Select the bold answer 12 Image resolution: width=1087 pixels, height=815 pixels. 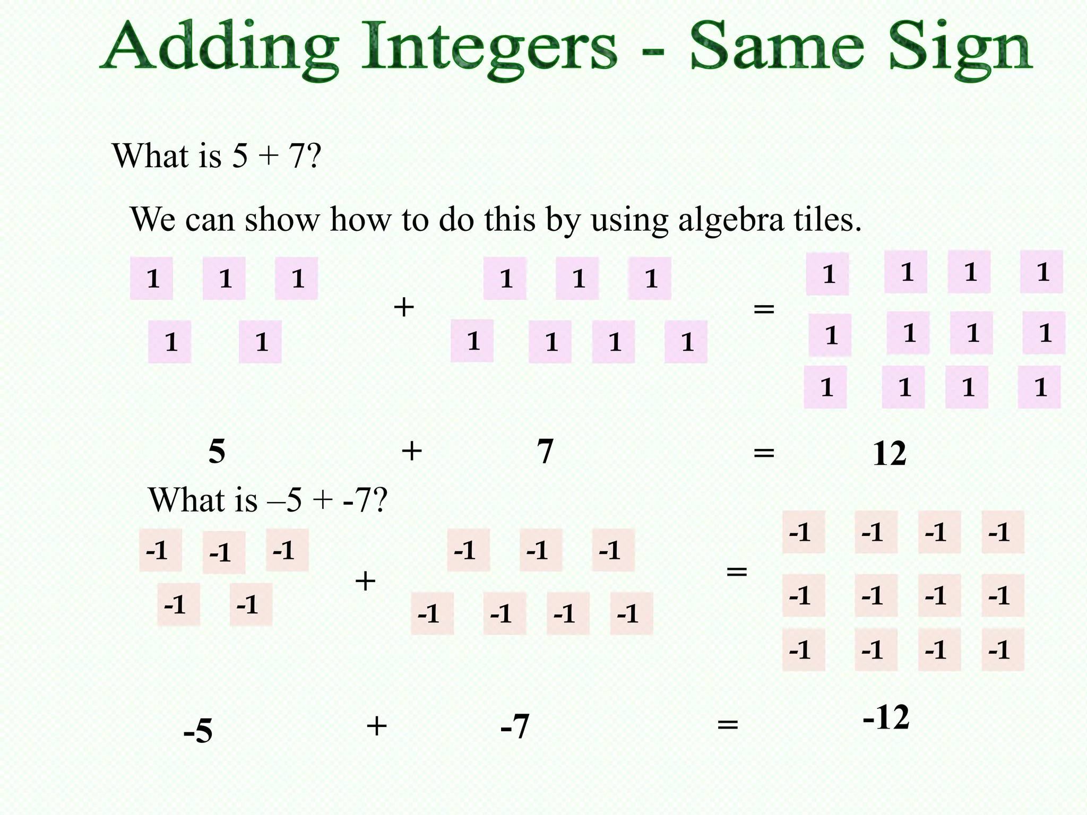point(889,454)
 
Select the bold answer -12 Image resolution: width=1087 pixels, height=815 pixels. point(886,718)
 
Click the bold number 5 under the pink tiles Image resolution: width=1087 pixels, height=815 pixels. point(217,452)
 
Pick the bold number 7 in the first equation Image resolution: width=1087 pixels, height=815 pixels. point(545,452)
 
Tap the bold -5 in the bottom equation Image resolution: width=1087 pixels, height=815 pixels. point(198,731)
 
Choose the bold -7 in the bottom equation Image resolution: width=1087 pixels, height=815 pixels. point(515,726)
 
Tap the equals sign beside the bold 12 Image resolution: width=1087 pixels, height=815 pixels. point(764,453)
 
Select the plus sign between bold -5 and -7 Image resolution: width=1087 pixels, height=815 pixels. point(376,725)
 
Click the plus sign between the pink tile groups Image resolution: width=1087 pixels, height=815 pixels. point(404,307)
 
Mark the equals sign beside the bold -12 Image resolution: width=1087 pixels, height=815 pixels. point(728,724)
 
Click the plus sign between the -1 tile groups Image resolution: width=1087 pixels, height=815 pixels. point(365,581)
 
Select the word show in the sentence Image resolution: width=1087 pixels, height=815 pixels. point(282,220)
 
